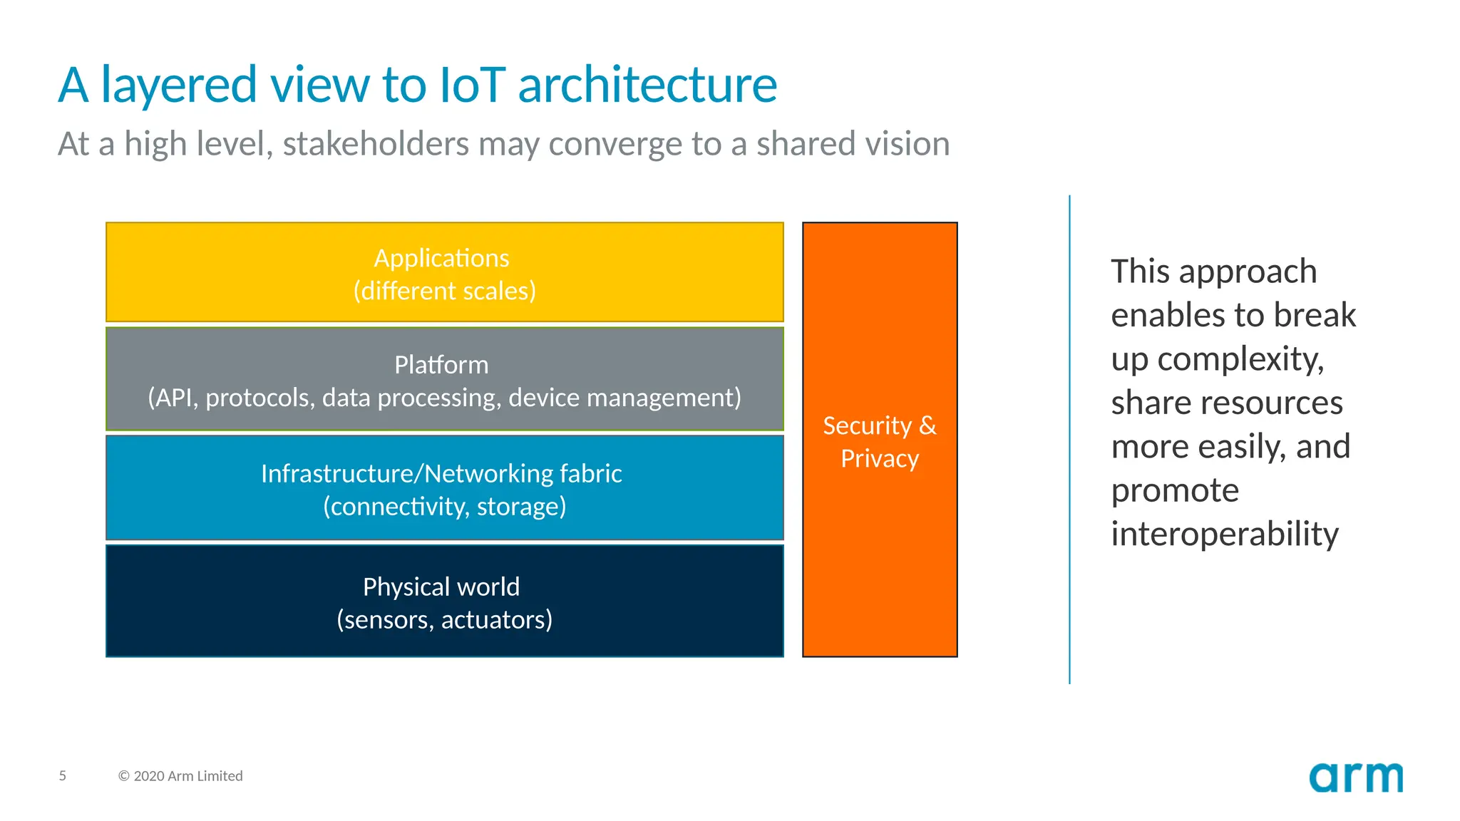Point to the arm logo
(1355, 778)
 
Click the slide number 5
(63, 775)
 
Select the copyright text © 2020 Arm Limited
(180, 776)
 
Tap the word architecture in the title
(647, 85)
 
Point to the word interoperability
(1224, 534)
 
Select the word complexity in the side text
(1240, 359)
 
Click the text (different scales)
(444, 291)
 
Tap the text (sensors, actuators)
(444, 620)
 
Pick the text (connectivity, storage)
(444, 507)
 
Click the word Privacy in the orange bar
(880, 458)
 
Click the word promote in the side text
(1175, 490)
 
